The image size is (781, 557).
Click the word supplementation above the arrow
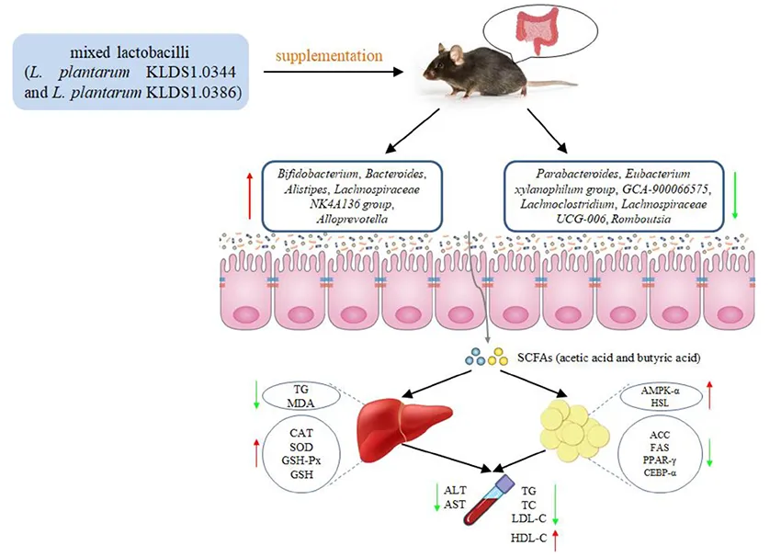329,56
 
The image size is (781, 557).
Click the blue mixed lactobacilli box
131,71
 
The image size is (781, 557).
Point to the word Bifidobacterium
309,172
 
